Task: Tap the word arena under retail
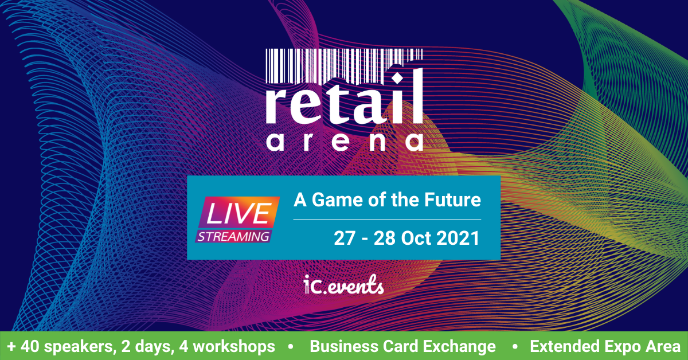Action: [344, 142]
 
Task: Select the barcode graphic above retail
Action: [344, 60]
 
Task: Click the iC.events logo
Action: [345, 285]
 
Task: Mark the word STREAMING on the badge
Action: [234, 236]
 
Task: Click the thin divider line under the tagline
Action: [387, 220]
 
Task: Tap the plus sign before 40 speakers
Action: [11, 347]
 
